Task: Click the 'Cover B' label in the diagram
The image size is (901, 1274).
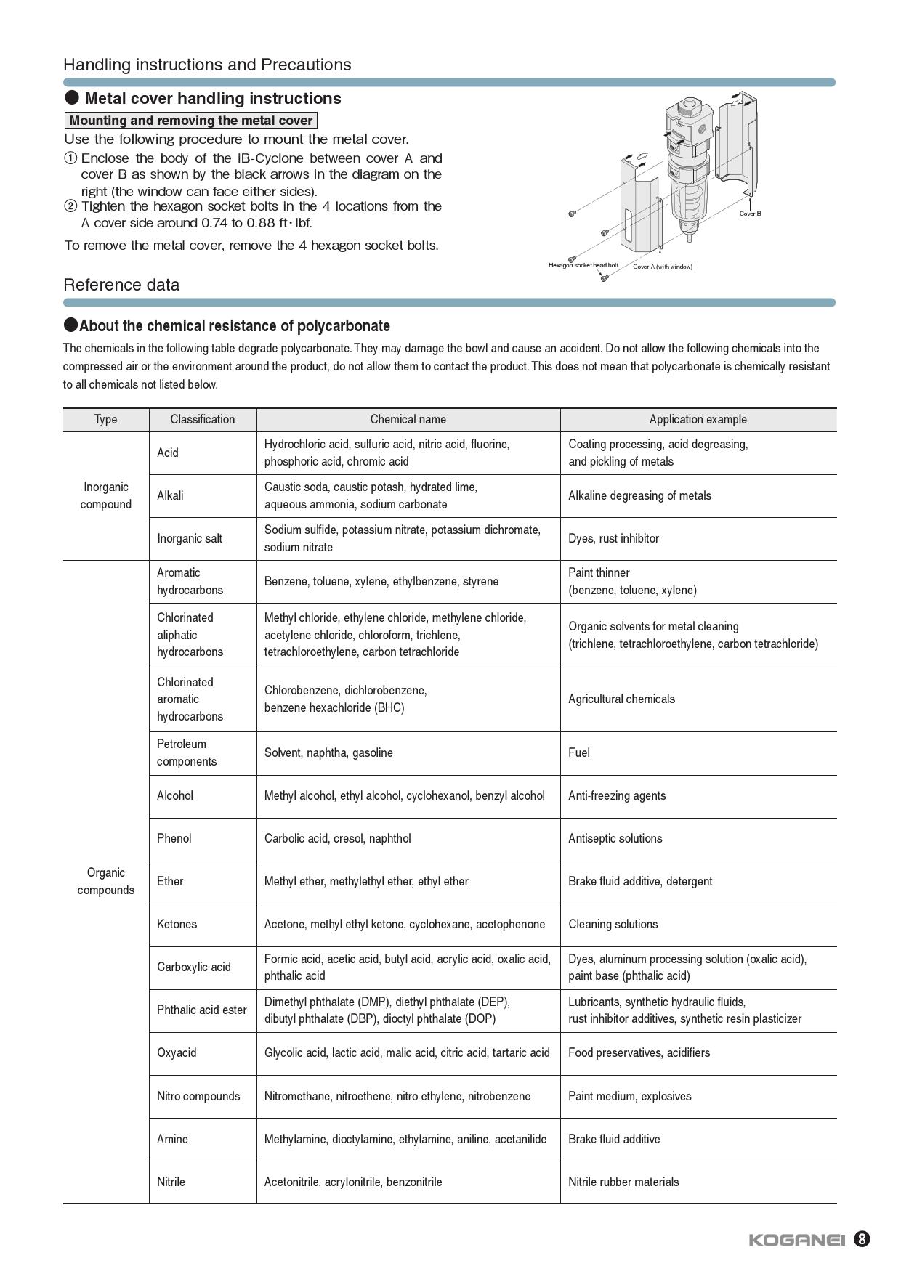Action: tap(750, 214)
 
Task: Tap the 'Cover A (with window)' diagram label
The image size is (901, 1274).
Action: tap(662, 267)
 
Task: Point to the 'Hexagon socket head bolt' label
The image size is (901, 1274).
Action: tap(583, 265)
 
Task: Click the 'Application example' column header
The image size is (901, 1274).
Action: tap(698, 419)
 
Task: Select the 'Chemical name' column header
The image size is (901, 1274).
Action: tap(408, 419)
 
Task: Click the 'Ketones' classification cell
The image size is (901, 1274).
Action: tap(177, 924)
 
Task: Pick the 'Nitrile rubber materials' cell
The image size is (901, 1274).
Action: tap(623, 1182)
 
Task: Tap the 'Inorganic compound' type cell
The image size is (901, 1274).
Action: tap(105, 495)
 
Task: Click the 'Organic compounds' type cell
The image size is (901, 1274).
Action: tap(105, 881)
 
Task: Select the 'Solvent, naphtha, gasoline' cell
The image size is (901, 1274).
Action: tap(328, 752)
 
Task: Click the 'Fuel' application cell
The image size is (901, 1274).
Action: tap(579, 752)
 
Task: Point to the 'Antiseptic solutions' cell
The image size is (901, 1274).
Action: tap(615, 838)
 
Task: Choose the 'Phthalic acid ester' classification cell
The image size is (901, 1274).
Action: tap(201, 1010)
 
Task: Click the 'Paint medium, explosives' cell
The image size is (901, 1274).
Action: tap(629, 1096)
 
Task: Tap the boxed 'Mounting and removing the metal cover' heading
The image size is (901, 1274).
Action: tap(191, 121)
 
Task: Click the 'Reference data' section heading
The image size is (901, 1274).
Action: tap(121, 285)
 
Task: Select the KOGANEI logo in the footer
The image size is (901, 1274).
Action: tap(796, 1240)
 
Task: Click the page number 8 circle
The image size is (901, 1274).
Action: tap(861, 1239)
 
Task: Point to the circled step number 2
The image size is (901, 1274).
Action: tap(70, 206)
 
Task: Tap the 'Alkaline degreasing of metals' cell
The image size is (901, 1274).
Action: tap(639, 495)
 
